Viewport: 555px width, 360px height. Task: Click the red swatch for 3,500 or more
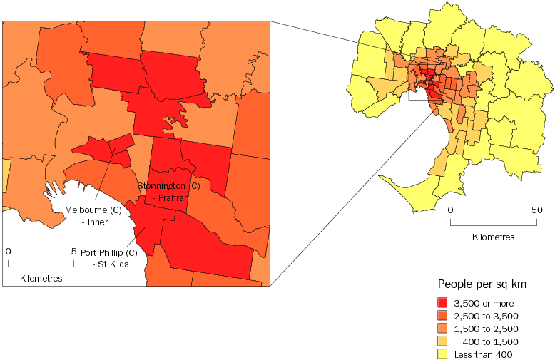pos(442,303)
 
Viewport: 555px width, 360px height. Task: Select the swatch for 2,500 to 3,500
pos(442,316)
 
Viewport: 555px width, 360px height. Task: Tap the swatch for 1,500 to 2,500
pos(442,329)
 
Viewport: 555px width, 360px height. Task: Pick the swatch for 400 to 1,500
pos(442,341)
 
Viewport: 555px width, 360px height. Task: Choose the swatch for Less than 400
pos(442,354)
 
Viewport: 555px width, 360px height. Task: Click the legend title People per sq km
pos(482,284)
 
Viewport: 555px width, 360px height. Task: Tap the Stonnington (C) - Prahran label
pos(168,192)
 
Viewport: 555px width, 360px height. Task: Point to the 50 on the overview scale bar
pos(536,210)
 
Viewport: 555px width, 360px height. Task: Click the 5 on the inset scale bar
pos(73,251)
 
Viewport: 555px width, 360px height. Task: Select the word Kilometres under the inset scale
pos(41,278)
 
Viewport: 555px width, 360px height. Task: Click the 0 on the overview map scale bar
pos(450,210)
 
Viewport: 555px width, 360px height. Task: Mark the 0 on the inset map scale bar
pos(8,251)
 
